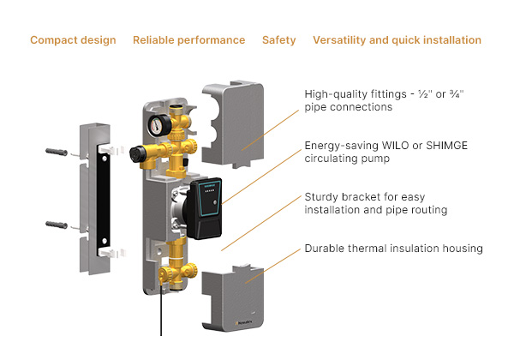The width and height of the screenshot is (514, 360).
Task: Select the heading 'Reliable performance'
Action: [188, 40]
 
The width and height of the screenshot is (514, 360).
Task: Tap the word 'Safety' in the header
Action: [279, 40]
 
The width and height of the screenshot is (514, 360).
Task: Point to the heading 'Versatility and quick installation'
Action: [397, 40]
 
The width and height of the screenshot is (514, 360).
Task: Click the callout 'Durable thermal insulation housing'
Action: [393, 249]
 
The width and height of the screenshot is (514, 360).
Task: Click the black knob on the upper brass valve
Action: [136, 156]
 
